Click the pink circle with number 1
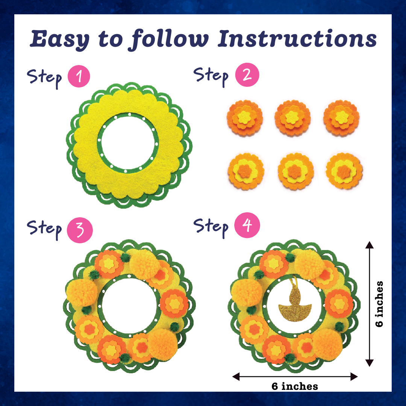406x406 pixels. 79,76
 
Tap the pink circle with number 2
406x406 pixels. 247,74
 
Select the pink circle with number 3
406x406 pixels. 80,230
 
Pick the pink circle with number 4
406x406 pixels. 247,225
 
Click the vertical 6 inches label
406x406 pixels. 379,304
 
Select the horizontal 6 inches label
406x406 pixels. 295,386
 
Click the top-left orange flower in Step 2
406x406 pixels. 245,118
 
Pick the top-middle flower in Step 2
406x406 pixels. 292,118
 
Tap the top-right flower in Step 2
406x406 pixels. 341,118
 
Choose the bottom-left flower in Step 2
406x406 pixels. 246,171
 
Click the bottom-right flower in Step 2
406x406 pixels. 344,171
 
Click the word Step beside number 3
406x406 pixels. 44,229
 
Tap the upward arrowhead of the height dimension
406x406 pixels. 370,245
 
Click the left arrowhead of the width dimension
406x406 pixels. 236,377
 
